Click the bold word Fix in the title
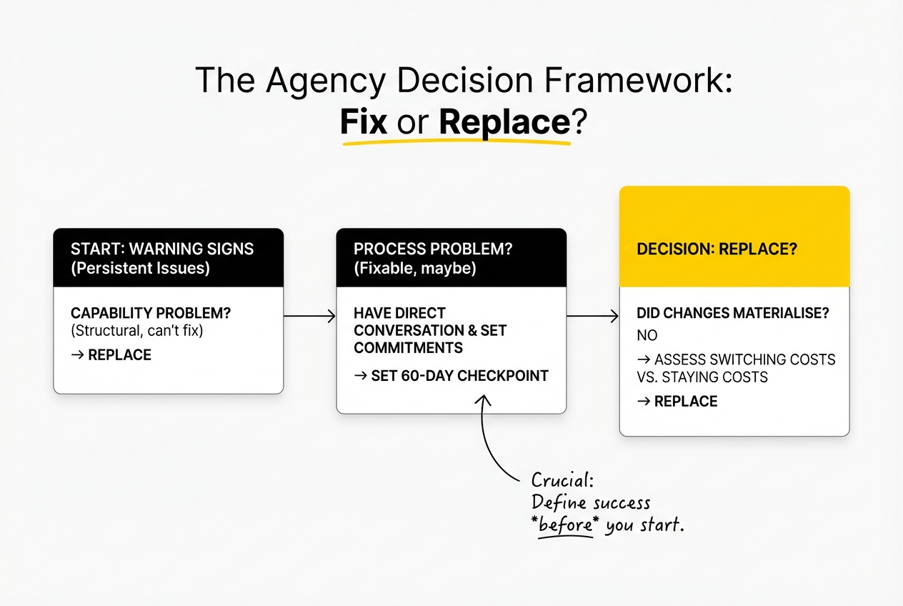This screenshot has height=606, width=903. tap(364, 122)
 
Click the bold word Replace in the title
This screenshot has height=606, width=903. tap(504, 122)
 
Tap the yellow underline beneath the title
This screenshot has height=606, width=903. tap(457, 141)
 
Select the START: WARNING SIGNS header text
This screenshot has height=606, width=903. tap(161, 249)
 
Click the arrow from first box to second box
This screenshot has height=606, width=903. tap(309, 315)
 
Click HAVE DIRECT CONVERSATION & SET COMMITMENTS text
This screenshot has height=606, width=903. tap(429, 330)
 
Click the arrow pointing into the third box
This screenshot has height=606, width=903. tap(592, 315)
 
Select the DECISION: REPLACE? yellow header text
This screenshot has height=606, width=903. tap(717, 250)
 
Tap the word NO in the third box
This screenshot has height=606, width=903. tap(647, 335)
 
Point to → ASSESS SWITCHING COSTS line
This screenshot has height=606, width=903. tap(735, 359)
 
